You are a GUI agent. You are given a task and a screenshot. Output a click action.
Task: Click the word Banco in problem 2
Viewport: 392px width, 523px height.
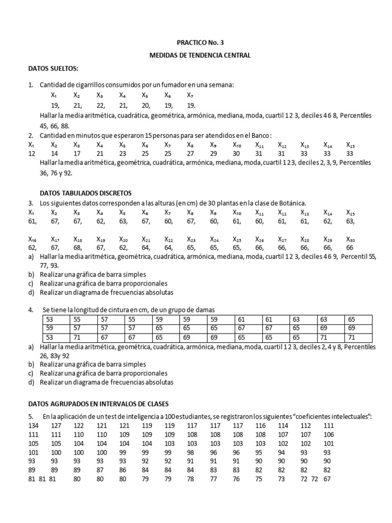(259, 135)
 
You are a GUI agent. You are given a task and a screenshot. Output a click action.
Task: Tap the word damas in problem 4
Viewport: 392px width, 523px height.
(205, 310)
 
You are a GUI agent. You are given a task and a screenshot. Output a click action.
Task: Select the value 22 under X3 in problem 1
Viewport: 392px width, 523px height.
(101, 105)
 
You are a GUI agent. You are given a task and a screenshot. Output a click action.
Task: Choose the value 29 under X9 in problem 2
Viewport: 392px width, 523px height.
(213, 153)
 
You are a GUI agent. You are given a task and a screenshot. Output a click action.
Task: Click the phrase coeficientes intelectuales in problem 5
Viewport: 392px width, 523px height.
(329, 416)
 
